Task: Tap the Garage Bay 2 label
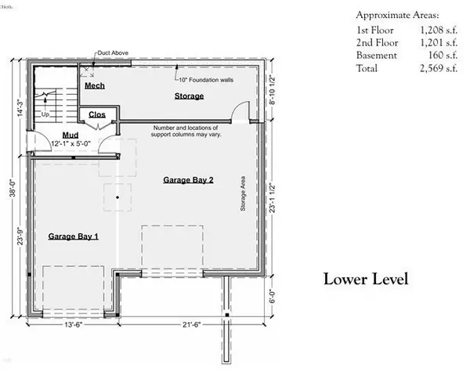click(x=188, y=180)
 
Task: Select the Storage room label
click(x=188, y=96)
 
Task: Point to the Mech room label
click(x=95, y=85)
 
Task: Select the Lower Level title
click(x=366, y=279)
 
